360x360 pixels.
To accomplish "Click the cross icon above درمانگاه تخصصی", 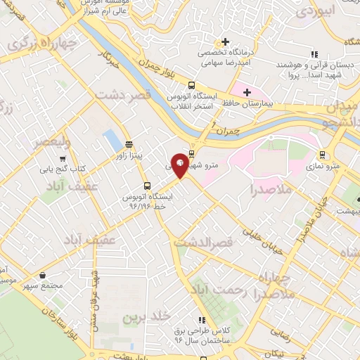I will pyautogui.click(x=225, y=41).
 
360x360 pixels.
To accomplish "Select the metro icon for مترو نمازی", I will pyautogui.click(x=322, y=155).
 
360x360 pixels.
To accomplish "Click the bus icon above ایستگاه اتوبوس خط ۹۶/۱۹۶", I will pyautogui.click(x=146, y=186).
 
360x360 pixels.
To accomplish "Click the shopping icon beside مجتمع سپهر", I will pyautogui.click(x=44, y=276).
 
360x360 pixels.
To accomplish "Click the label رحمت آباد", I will pyautogui.click(x=217, y=290).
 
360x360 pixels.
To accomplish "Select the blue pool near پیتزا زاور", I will pyautogui.click(x=112, y=140).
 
